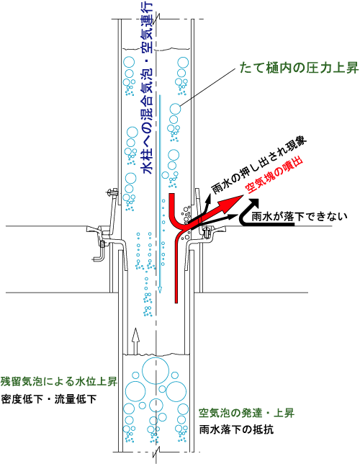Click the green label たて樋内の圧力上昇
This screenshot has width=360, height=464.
pos(299,68)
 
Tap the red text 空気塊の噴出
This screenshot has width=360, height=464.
pos(274,177)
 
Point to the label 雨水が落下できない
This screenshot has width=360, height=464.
pos(299,216)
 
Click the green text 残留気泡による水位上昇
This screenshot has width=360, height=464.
pos(59,381)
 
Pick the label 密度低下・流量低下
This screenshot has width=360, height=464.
pos(49,399)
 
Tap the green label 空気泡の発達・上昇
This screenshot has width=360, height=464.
pos(246,413)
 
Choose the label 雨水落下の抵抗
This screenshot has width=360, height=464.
pos(236,429)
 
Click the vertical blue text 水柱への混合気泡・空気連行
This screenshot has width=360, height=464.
pos(147,87)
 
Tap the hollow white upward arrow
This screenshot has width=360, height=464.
pos(135,341)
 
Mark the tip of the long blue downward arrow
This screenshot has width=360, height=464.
pos(160,293)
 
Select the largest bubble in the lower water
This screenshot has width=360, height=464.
pos(156,370)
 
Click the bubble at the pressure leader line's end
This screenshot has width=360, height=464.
pos(175,109)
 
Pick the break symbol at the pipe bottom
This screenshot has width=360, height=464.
pos(156,452)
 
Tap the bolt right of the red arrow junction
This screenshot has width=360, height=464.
pos(207,231)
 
